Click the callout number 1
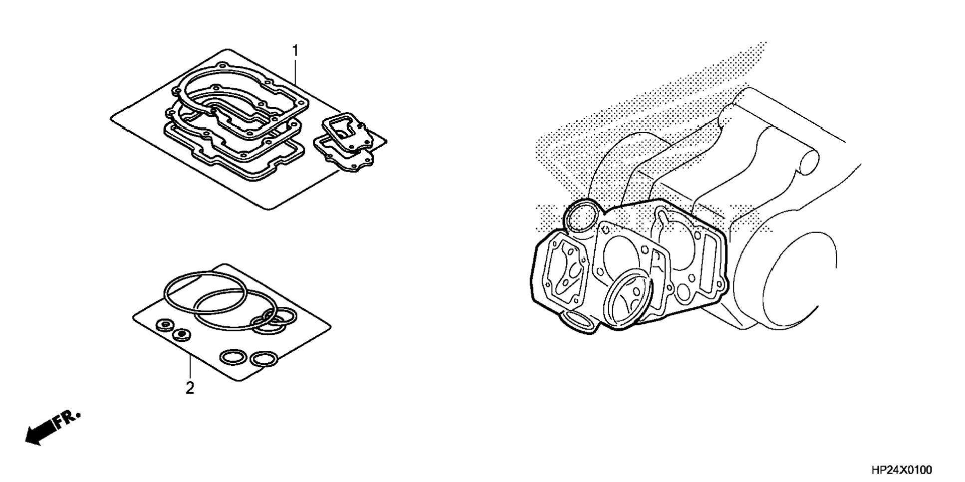(x=295, y=51)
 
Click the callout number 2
(x=190, y=388)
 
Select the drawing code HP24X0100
(x=901, y=470)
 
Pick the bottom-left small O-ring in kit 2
(x=233, y=357)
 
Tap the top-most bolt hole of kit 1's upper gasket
(x=221, y=65)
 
